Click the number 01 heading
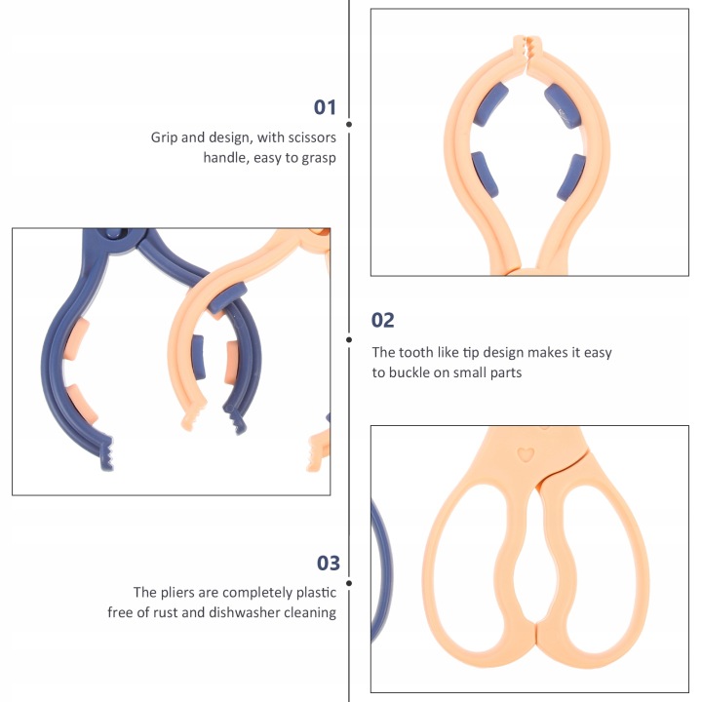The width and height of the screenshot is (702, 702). click(x=325, y=107)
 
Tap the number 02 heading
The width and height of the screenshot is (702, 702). click(x=382, y=320)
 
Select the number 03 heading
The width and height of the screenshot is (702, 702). click(x=329, y=563)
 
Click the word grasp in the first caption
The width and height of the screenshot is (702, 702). click(x=318, y=158)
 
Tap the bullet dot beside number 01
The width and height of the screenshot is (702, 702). click(x=349, y=124)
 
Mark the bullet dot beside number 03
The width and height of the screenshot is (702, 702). click(x=349, y=583)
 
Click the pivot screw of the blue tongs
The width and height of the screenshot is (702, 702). click(x=114, y=233)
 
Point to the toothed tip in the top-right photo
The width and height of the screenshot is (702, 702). click(x=526, y=49)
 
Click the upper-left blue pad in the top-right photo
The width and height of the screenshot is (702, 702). click(x=490, y=104)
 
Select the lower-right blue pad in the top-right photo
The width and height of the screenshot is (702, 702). click(x=571, y=176)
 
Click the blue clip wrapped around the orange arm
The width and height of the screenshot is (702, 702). click(x=227, y=296)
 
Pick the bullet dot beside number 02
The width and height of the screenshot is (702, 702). click(x=349, y=340)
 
